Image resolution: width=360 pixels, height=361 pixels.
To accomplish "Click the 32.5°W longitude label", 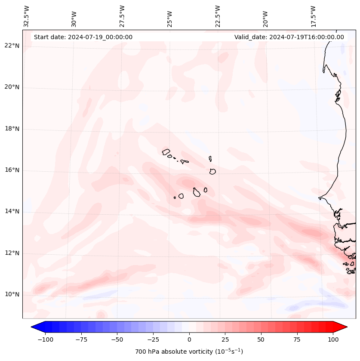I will [x=27, y=16].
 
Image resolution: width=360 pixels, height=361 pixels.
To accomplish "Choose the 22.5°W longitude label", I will [x=218, y=16].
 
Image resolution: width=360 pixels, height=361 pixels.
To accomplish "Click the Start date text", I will [x=83, y=37].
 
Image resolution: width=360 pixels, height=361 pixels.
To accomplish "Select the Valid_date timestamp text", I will [x=289, y=37].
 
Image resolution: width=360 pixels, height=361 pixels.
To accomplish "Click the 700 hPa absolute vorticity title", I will [x=189, y=352].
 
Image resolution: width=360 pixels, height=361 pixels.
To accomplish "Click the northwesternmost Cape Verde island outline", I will [x=166, y=151].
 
